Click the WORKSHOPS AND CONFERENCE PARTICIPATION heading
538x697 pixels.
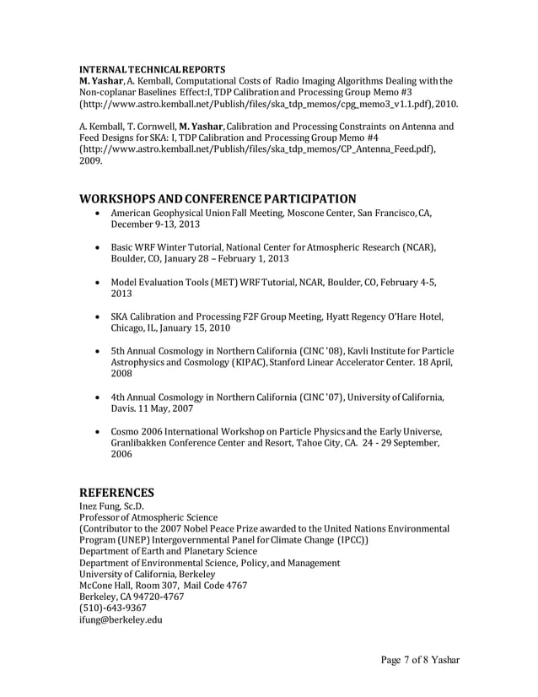click(x=218, y=199)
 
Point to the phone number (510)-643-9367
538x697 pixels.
click(x=112, y=608)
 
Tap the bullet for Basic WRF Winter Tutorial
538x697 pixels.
click(x=100, y=246)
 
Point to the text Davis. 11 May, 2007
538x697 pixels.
click(x=152, y=408)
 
